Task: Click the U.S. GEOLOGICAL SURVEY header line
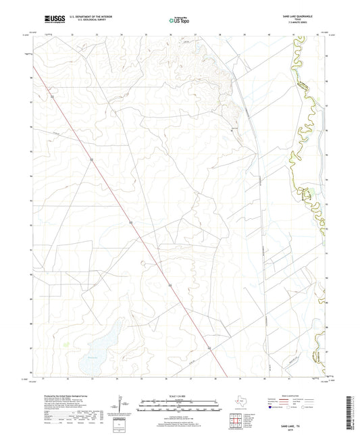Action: click(86, 22)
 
